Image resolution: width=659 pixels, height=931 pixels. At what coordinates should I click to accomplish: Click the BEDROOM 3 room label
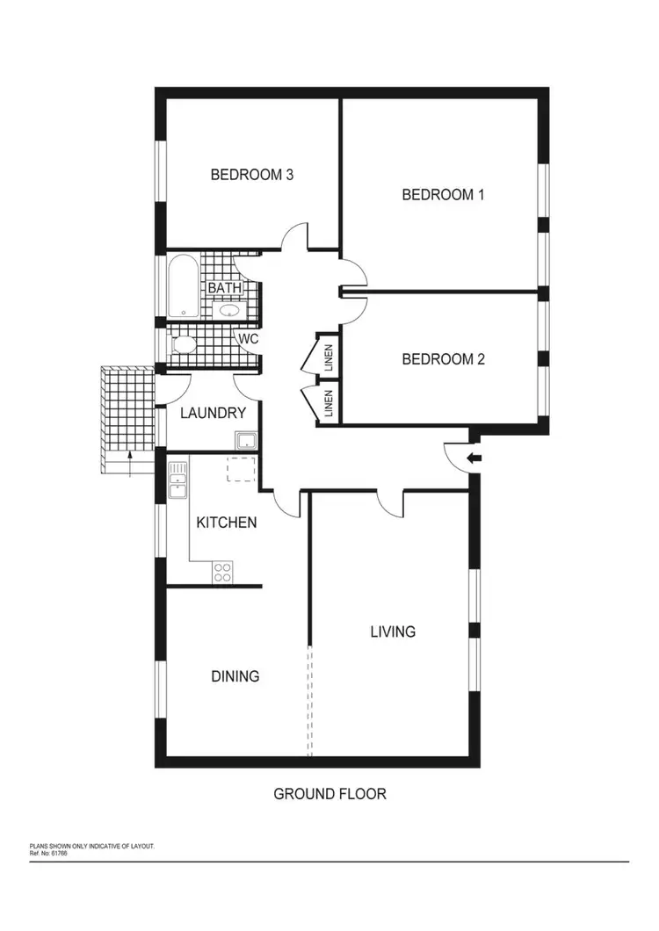point(251,175)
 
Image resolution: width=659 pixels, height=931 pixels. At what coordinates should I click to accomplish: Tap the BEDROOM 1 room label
point(443,195)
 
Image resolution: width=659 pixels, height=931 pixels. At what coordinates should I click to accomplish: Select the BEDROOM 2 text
point(443,359)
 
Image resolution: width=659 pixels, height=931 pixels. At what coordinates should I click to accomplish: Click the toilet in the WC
point(185,344)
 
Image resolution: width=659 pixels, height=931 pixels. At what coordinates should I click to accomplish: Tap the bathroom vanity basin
point(229,309)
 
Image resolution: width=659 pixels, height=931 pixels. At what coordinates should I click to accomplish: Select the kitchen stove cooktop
point(223,573)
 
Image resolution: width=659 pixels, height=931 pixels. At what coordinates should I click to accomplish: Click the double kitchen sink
point(178,480)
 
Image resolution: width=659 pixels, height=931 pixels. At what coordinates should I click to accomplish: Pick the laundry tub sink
point(245,439)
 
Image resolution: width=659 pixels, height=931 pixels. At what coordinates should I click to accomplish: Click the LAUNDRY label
point(206,413)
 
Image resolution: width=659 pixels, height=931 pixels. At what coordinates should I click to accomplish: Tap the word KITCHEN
point(226,523)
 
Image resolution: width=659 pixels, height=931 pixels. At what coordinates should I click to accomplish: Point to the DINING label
point(235,676)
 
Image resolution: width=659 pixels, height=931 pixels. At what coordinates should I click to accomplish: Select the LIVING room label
point(392,631)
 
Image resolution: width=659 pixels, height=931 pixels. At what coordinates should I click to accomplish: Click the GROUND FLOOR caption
point(329,794)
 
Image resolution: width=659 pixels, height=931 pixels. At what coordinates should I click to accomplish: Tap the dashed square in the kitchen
point(242,470)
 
